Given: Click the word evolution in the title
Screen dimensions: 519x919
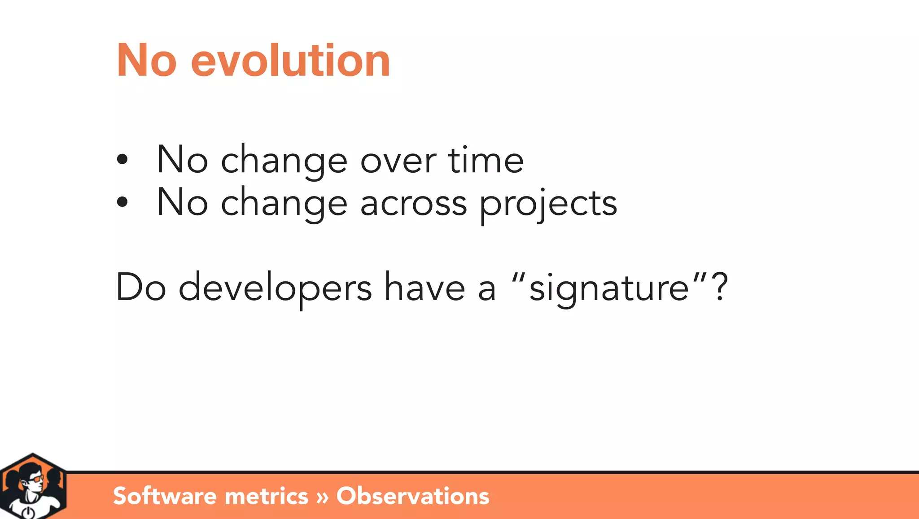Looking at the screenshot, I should point(290,61).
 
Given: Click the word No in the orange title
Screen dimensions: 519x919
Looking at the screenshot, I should point(146,61).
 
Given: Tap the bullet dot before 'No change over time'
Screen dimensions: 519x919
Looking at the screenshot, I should point(122,159).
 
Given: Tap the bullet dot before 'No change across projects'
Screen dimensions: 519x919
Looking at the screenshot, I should point(122,202).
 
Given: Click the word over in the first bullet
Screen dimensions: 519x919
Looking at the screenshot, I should point(398,161).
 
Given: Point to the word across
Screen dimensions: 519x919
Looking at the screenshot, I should point(413,204).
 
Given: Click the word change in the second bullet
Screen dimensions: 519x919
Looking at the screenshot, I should point(284,204).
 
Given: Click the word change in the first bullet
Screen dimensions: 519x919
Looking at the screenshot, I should point(284,161).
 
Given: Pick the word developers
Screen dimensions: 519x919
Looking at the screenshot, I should point(275,288).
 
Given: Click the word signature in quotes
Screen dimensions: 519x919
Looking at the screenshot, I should point(609,288).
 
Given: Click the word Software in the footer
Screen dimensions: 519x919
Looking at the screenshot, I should point(165,496).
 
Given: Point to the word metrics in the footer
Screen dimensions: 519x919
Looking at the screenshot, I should point(266,496).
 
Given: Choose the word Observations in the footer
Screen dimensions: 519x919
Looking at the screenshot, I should point(412,496).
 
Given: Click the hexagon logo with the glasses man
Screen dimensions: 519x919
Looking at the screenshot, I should point(33,487).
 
